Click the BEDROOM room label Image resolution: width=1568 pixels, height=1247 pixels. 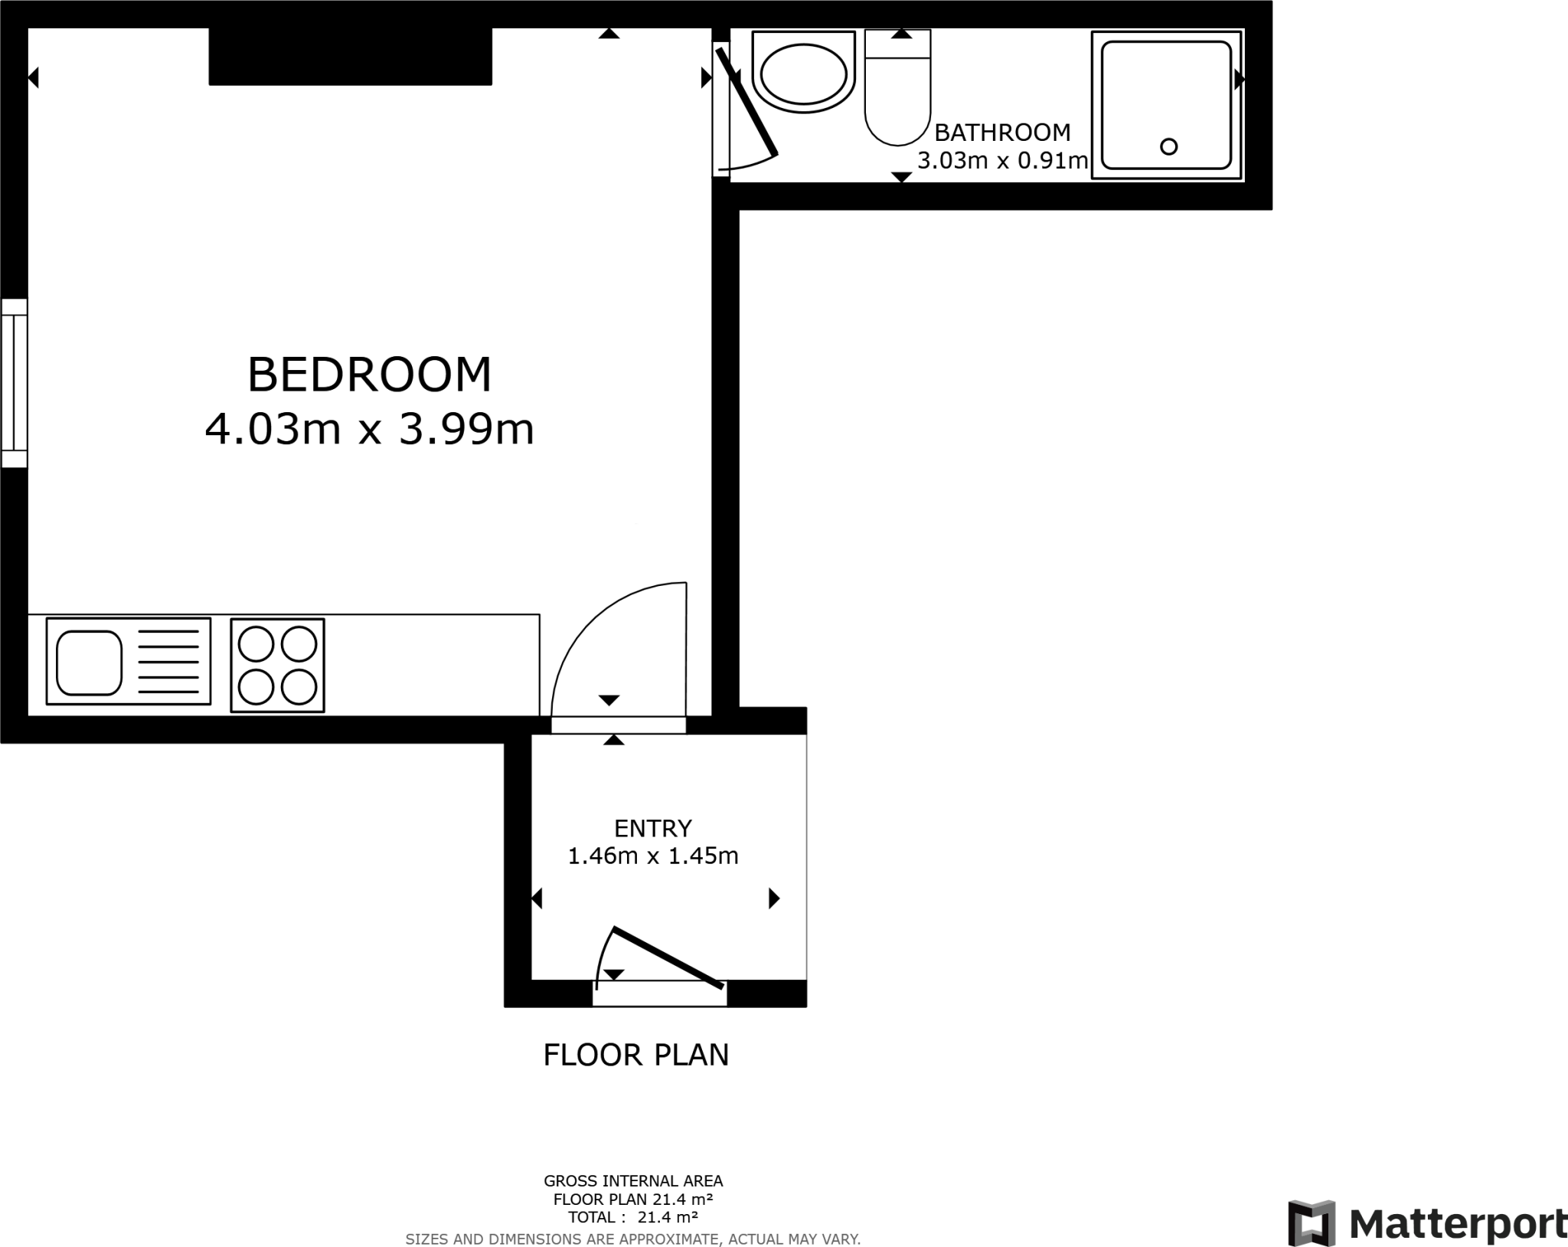[369, 375]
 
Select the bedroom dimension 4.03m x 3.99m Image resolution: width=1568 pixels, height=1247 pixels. [369, 429]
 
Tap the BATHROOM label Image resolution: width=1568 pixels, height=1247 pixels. [1002, 133]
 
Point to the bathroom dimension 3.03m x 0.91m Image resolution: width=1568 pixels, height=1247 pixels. [1002, 161]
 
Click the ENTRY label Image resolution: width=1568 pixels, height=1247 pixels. [653, 828]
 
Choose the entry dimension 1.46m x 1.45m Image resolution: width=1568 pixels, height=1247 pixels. [653, 856]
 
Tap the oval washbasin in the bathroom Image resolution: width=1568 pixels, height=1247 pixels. [803, 74]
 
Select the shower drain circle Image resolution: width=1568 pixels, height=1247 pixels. [1168, 146]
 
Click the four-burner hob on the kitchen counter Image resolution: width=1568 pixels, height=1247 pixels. [277, 665]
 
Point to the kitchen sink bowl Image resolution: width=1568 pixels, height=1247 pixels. [89, 663]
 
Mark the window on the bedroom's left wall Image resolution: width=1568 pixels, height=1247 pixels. [14, 383]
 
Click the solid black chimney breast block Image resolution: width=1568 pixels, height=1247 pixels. [350, 56]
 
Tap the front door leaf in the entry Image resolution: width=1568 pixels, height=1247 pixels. [668, 957]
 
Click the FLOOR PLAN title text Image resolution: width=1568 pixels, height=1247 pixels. [635, 1055]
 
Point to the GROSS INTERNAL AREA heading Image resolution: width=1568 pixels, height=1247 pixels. [632, 1180]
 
